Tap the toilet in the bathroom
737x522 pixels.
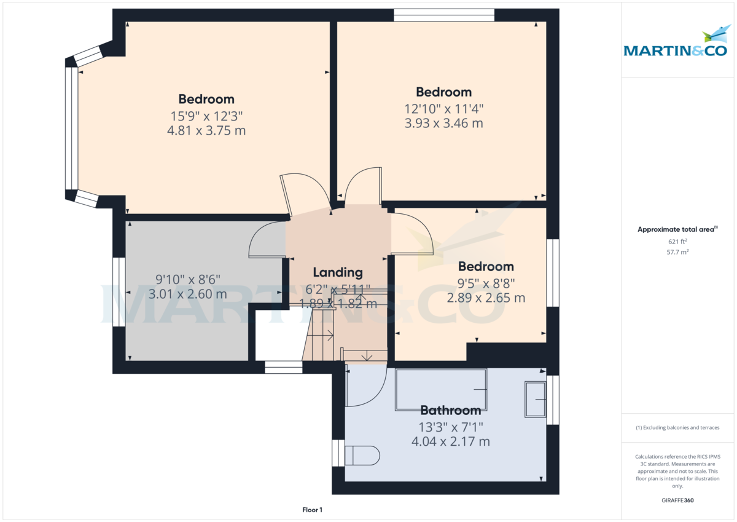click(x=362, y=455)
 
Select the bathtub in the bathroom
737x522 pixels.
click(x=441, y=390)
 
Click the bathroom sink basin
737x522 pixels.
click(x=535, y=400)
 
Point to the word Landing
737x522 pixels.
click(x=338, y=272)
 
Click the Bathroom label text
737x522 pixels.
click(x=450, y=410)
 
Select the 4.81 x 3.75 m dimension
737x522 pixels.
click(x=206, y=130)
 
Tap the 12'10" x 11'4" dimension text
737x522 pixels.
click(x=443, y=109)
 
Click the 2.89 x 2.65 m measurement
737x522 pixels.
click(x=486, y=298)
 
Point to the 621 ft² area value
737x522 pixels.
click(x=677, y=242)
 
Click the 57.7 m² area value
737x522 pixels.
click(x=677, y=252)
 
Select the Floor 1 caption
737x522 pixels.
click(x=312, y=510)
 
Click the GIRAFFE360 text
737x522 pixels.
click(x=677, y=500)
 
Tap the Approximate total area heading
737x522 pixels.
click(x=677, y=229)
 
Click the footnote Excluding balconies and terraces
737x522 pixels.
click(x=677, y=427)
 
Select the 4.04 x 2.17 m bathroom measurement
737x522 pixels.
click(x=450, y=441)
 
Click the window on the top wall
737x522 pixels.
click(x=444, y=15)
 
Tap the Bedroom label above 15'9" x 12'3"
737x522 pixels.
click(x=206, y=99)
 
